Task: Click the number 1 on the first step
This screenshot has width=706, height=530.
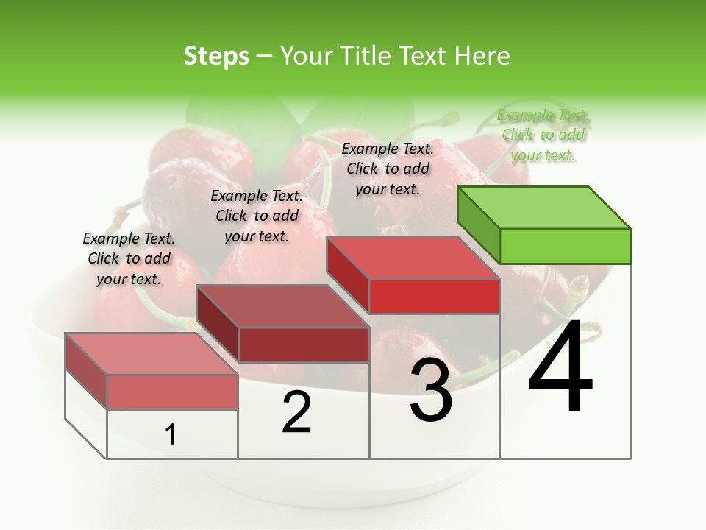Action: click(x=171, y=435)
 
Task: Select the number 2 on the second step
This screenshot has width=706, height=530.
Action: click(x=296, y=412)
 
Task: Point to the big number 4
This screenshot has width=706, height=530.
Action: click(x=560, y=367)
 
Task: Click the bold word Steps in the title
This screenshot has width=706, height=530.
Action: click(x=216, y=56)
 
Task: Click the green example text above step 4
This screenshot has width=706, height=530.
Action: click(x=543, y=135)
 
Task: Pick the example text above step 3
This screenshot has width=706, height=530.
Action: click(x=388, y=169)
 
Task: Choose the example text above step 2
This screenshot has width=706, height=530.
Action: click(x=257, y=216)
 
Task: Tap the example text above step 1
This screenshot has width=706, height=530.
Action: click(x=129, y=258)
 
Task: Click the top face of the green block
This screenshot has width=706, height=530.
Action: click(x=544, y=207)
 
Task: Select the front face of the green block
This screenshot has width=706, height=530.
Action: click(x=565, y=246)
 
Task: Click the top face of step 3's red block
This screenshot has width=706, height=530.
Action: click(x=413, y=258)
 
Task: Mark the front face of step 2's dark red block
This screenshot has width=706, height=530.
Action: click(x=304, y=344)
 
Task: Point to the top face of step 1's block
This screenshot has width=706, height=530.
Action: click(x=151, y=353)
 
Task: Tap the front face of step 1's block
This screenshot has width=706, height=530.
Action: click(x=172, y=392)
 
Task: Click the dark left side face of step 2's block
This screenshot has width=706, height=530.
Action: click(x=218, y=324)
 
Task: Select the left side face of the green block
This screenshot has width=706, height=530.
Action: click(x=479, y=225)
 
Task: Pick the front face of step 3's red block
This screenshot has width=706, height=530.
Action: click(x=434, y=297)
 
